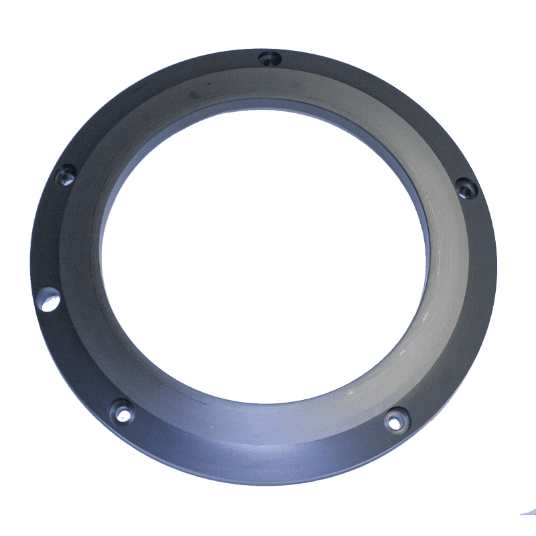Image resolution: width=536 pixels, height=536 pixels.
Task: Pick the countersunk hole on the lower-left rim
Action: click(122, 411)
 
